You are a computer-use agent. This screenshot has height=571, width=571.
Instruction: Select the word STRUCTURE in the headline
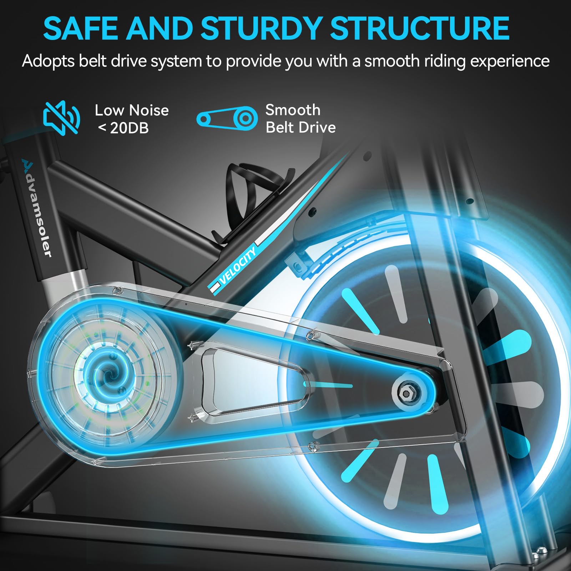click(420, 29)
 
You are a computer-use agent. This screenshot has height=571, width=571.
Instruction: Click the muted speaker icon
click(61, 118)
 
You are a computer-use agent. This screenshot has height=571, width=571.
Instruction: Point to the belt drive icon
click(227, 118)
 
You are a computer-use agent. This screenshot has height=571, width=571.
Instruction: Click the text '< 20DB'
click(123, 128)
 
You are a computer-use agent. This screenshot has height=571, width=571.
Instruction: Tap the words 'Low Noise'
click(132, 110)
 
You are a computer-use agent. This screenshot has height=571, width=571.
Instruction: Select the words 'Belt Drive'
click(300, 127)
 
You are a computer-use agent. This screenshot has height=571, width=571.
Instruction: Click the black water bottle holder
click(246, 200)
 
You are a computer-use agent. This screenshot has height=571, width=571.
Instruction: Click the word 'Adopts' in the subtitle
click(48, 61)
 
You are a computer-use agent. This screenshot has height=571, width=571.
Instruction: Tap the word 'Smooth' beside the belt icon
click(293, 110)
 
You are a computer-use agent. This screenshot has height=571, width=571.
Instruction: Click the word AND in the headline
click(158, 29)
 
